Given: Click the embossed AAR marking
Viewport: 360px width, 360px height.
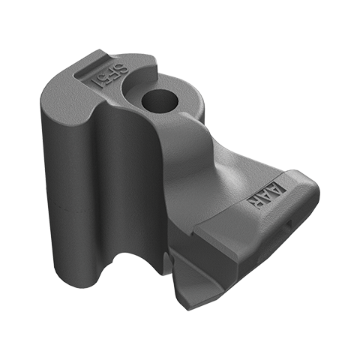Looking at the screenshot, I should (x=272, y=194).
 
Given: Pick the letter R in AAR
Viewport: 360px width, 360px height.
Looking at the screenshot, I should (x=262, y=200).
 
